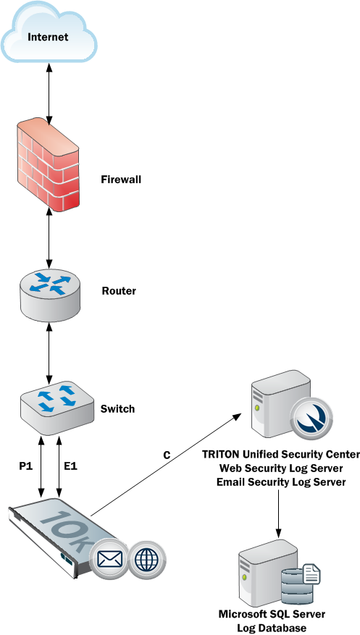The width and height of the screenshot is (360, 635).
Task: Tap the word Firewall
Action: (x=121, y=180)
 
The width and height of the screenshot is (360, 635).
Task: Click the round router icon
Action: (x=50, y=295)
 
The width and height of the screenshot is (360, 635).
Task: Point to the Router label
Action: (x=119, y=291)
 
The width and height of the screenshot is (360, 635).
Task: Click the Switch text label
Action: (x=117, y=408)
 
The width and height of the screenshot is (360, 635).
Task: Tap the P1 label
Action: (x=25, y=466)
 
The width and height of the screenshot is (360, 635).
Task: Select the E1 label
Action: (x=70, y=466)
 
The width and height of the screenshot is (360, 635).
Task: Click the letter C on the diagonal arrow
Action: (x=167, y=455)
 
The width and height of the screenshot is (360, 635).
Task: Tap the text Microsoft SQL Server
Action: (x=272, y=614)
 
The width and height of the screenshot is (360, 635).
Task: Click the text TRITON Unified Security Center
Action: (x=281, y=454)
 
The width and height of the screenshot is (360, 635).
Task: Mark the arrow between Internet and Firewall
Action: (x=49, y=93)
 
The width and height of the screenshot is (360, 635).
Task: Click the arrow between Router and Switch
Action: (x=49, y=353)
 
